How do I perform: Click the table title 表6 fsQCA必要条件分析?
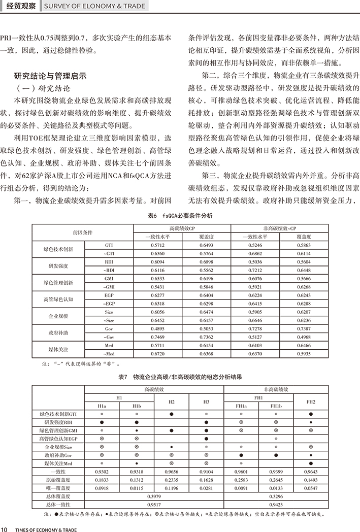(180, 215)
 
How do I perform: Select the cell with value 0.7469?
(158, 337)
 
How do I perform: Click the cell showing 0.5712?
(158, 245)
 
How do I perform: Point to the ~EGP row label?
(109, 303)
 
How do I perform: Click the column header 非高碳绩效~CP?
(279, 228)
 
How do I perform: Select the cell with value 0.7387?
(303, 329)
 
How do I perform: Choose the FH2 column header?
(311, 402)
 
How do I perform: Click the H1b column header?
(137, 406)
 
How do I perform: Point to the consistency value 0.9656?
(172, 472)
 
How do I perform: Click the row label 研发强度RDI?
(58, 422)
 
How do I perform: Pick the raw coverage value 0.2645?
(276, 480)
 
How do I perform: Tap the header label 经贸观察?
(20, 7)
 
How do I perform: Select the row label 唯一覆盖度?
(58, 488)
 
